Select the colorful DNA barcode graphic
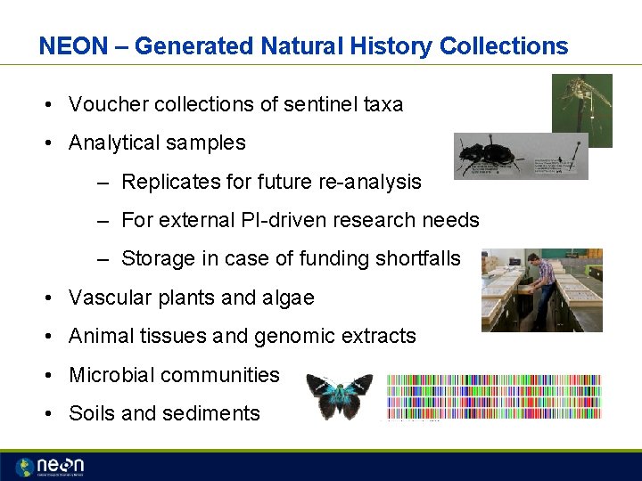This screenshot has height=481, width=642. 494,396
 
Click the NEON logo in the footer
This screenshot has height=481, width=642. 50,466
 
